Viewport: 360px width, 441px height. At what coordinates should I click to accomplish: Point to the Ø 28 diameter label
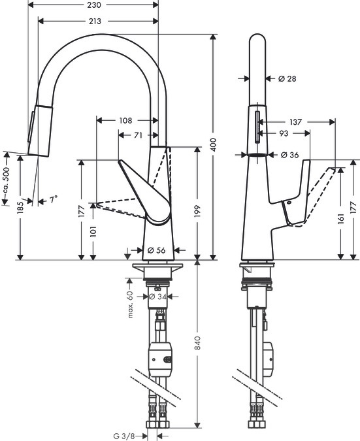pyautogui.click(x=287, y=78)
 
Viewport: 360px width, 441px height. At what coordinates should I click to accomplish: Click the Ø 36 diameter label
pyautogui.click(x=290, y=155)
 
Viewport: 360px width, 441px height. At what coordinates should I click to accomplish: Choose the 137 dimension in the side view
pyautogui.click(x=296, y=122)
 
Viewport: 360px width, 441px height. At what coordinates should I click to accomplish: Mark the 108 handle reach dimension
pyautogui.click(x=126, y=120)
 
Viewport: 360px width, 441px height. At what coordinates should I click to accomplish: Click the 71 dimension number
pyautogui.click(x=139, y=135)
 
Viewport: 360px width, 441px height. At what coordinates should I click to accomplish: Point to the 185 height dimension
pyautogui.click(x=20, y=208)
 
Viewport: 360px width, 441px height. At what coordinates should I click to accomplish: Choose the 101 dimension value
pyautogui.click(x=93, y=231)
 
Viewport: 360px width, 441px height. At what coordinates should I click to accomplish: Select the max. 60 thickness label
pyautogui.click(x=131, y=304)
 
